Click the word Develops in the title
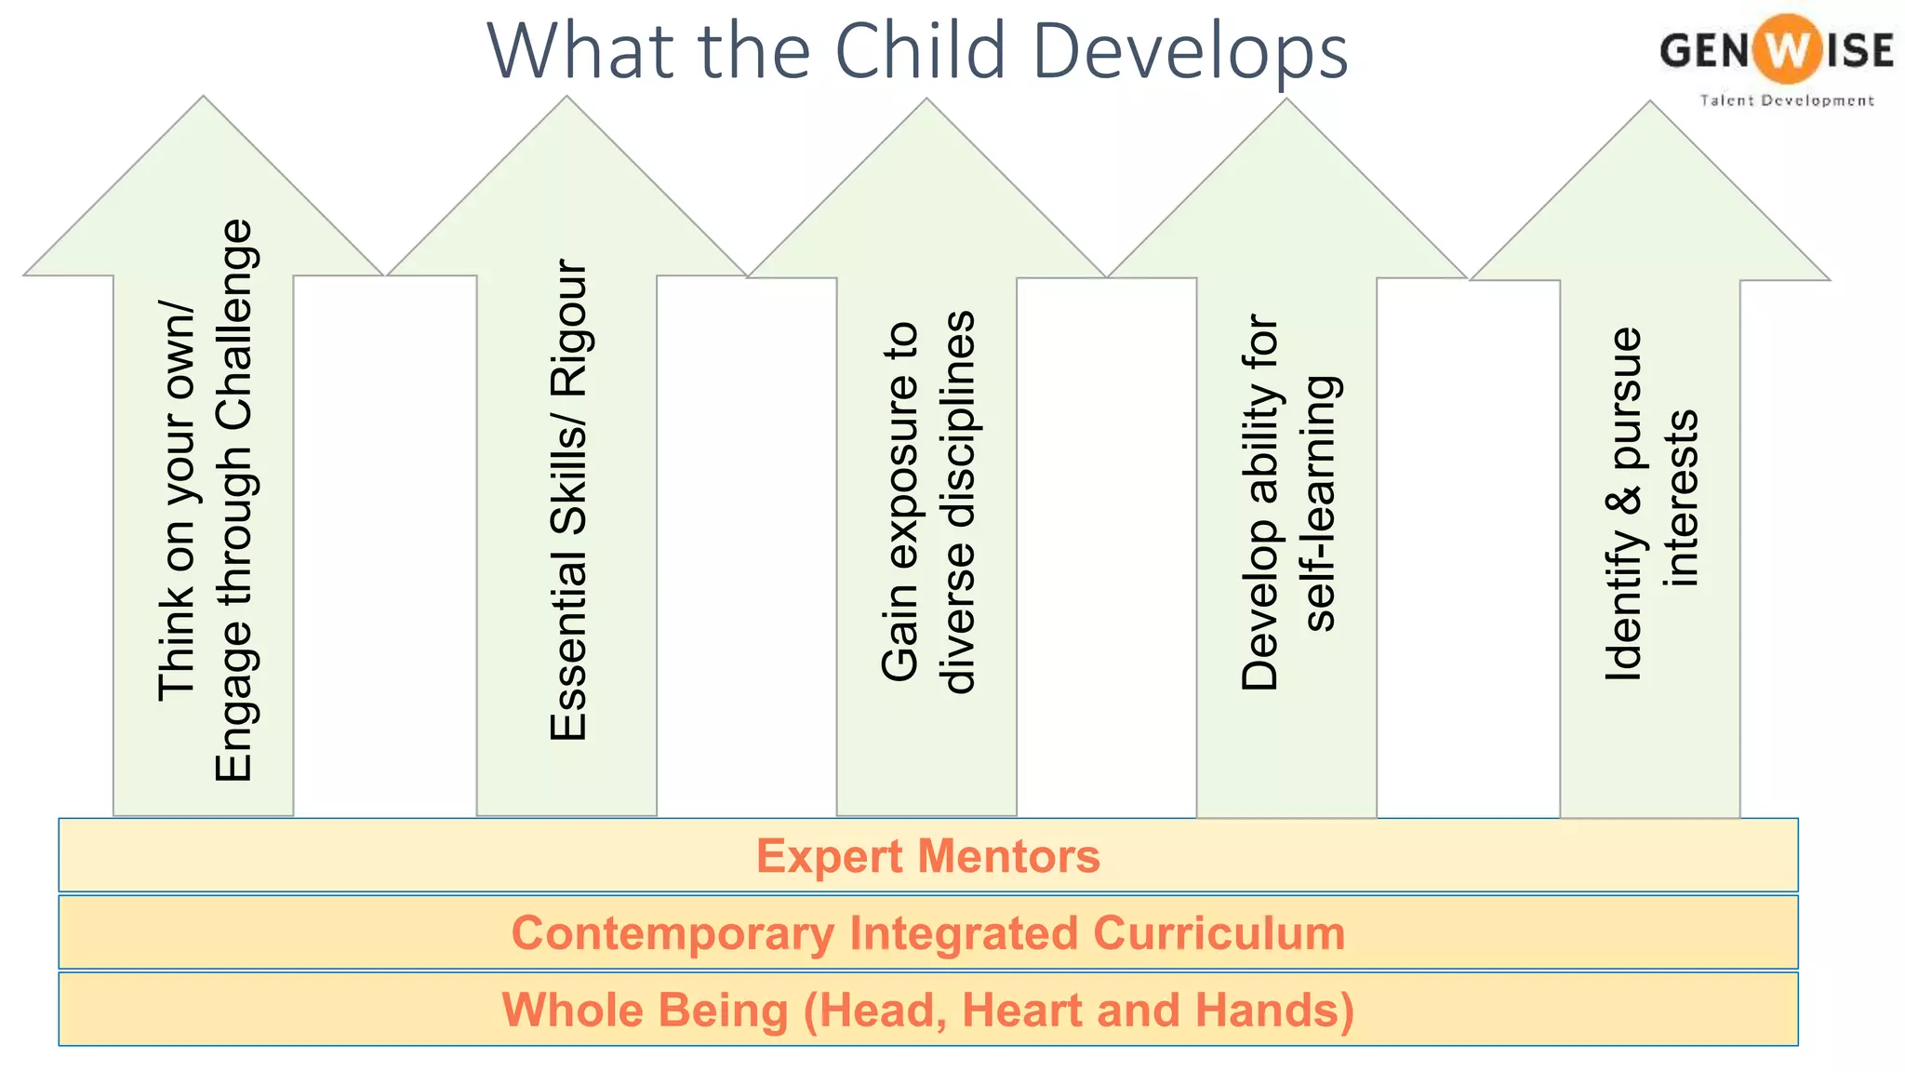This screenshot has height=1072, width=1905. click(1190, 51)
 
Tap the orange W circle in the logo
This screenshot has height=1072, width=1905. click(1784, 50)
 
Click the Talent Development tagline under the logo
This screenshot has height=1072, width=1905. click(1786, 100)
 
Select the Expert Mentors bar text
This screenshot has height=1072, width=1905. click(927, 856)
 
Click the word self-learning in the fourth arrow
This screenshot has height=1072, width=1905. click(1320, 503)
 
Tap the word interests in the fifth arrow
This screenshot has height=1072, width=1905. click(1683, 498)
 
